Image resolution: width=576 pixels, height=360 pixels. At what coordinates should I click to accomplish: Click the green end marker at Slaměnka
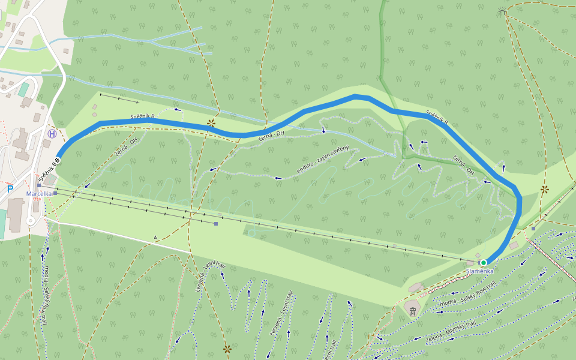coord(484,262)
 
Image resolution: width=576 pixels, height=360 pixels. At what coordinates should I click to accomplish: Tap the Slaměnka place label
coord(480,271)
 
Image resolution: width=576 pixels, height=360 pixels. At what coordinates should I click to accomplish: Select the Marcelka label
coord(39,194)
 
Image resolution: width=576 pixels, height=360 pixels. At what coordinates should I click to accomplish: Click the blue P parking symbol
coord(10,189)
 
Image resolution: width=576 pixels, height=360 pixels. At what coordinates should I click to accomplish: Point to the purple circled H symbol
coord(53,134)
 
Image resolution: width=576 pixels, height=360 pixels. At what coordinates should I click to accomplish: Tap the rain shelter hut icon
coord(502,12)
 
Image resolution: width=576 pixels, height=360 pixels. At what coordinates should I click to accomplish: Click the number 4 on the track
coord(155,238)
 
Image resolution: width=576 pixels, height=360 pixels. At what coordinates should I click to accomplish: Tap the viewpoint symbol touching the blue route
coord(211,124)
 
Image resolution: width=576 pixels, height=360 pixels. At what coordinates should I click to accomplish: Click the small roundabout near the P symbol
coord(31,221)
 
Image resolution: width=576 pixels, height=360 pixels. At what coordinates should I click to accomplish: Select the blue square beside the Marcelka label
coord(55,194)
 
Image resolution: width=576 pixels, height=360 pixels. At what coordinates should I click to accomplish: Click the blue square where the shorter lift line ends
coord(216,224)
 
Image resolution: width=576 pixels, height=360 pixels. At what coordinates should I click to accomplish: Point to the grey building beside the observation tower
coord(416,288)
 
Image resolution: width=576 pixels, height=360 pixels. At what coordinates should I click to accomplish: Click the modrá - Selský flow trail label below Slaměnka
coord(467,295)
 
